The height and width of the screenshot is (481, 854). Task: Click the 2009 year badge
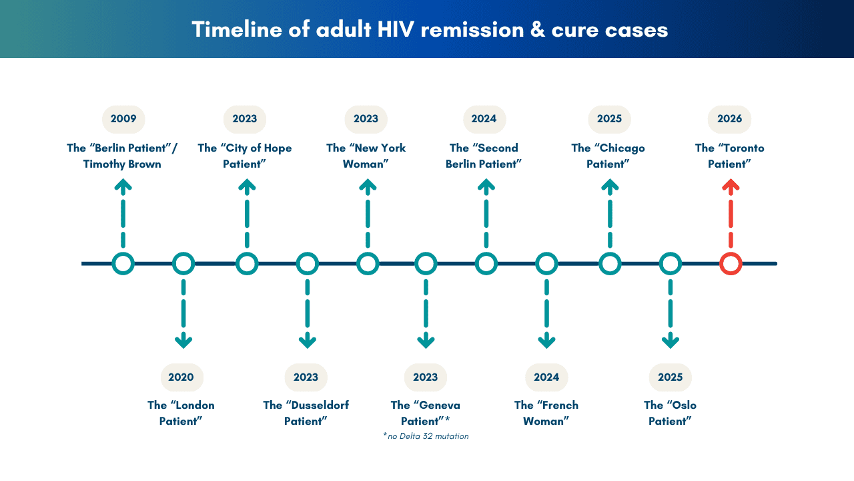[123, 119]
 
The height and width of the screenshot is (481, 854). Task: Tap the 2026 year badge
[729, 119]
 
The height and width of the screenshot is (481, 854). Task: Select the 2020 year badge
[182, 377]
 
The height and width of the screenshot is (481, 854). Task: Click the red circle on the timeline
[731, 264]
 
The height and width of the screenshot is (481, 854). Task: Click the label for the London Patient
[181, 413]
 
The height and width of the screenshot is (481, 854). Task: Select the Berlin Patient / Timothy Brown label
[122, 156]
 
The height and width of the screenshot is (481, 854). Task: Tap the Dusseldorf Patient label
[306, 413]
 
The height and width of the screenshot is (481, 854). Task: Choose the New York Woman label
[366, 156]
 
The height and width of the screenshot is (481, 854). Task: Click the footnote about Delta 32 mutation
[426, 436]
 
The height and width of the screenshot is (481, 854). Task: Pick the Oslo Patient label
[671, 413]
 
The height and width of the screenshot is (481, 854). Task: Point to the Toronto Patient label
[729, 156]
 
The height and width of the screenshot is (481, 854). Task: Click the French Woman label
[546, 413]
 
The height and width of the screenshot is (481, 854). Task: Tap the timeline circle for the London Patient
[183, 264]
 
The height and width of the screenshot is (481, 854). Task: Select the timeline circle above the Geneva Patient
[426, 264]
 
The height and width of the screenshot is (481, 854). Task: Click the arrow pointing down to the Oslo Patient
[671, 314]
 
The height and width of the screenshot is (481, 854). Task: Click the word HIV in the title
[396, 29]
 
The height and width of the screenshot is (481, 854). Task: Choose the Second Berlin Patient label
[484, 156]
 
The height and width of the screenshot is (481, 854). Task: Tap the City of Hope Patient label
[244, 156]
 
